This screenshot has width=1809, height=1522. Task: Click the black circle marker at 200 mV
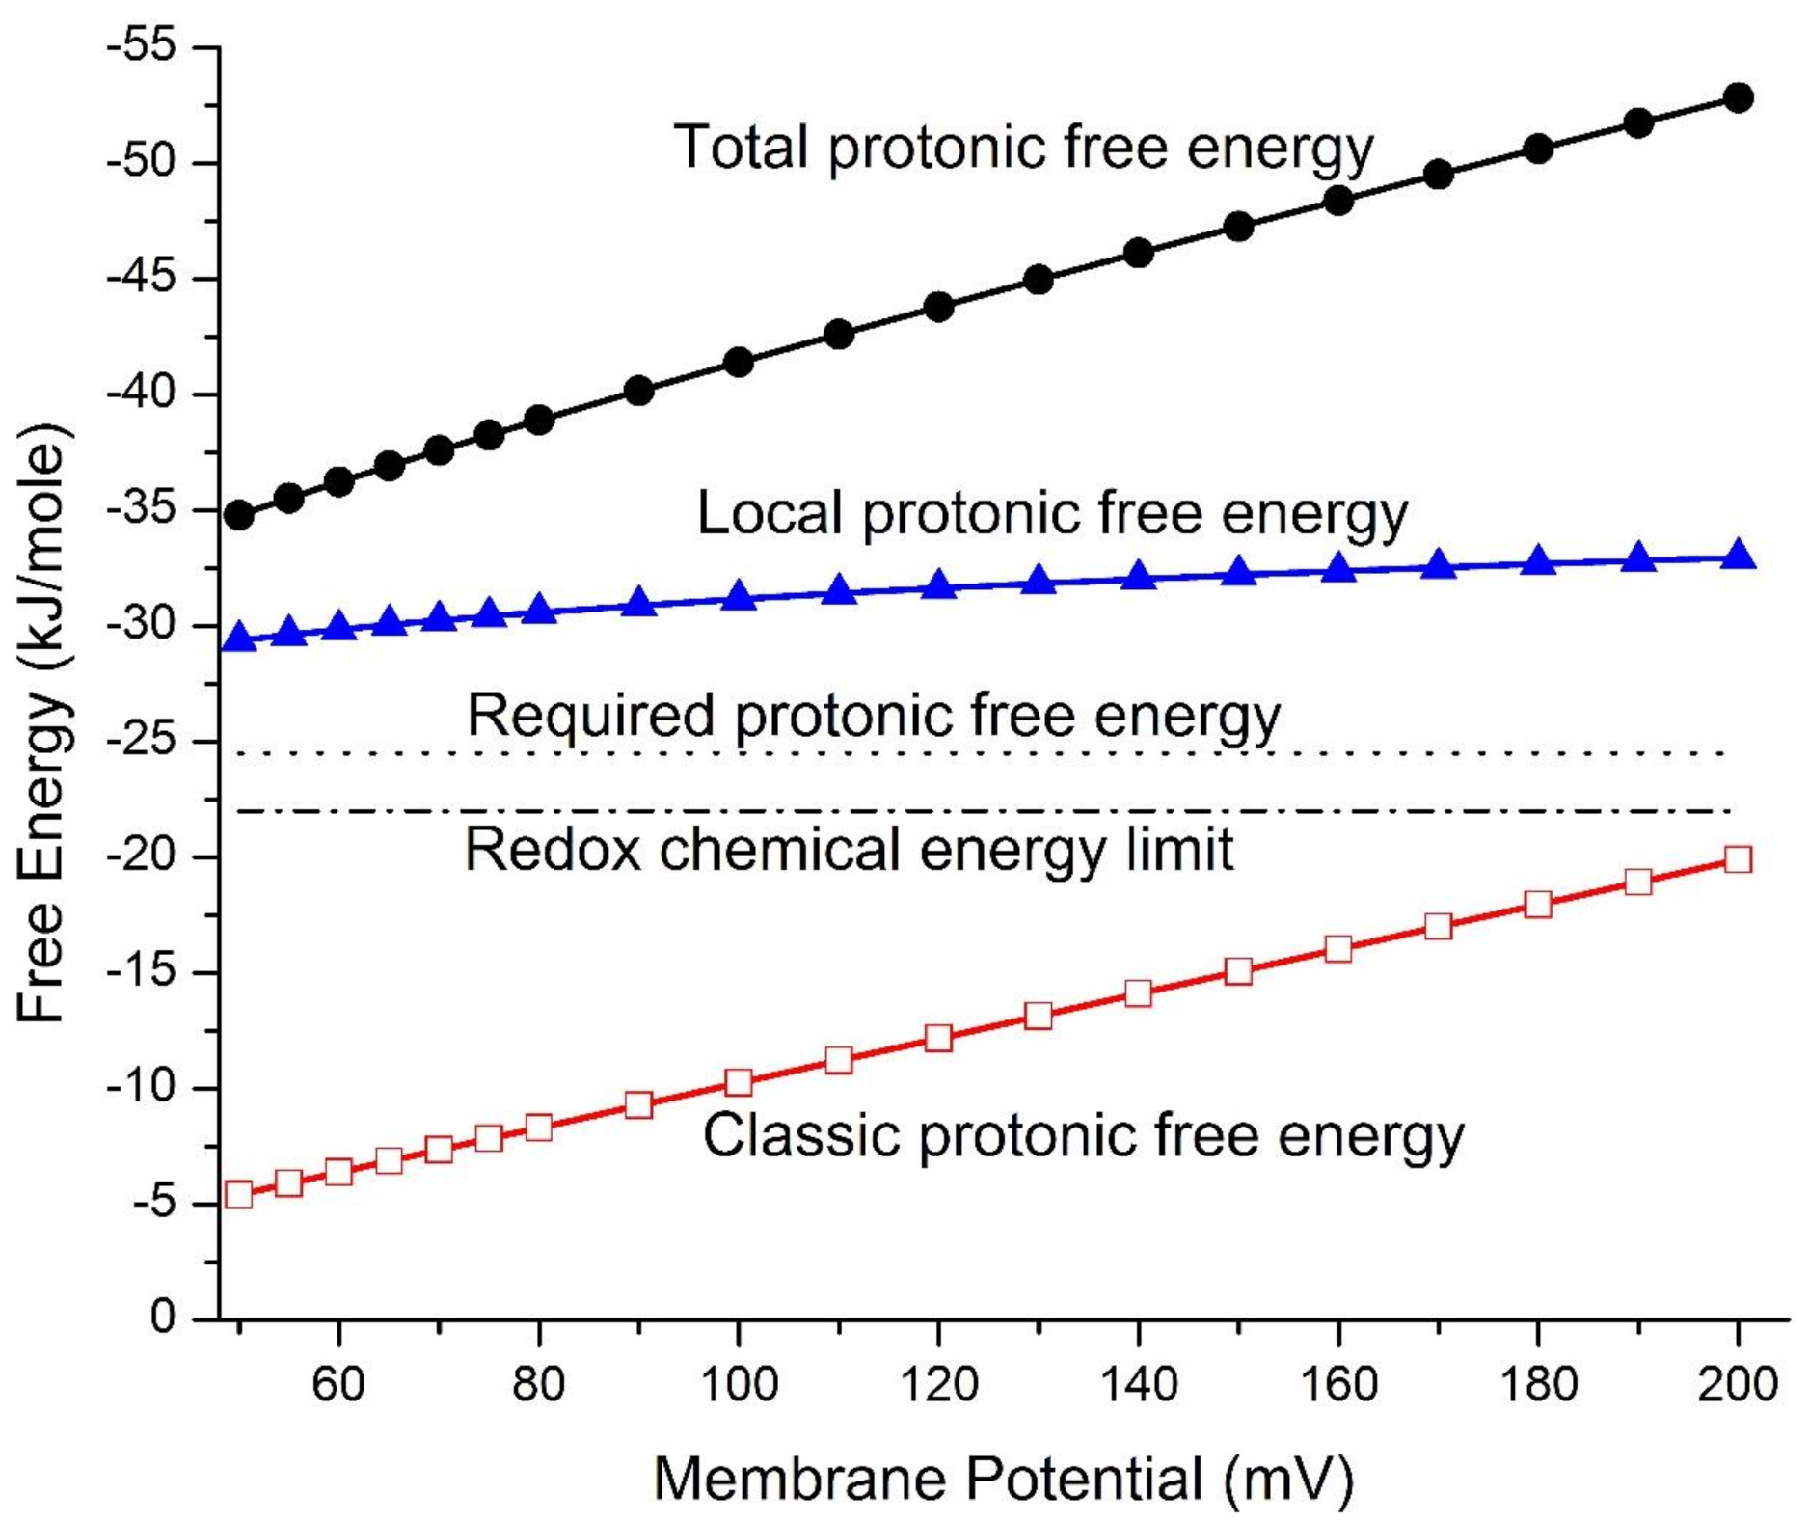(1738, 97)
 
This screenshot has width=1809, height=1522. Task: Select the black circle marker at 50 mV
(238, 515)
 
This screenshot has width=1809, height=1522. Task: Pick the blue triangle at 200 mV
(1738, 556)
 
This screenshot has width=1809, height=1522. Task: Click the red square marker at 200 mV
(1738, 859)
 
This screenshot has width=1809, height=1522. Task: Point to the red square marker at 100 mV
(739, 1082)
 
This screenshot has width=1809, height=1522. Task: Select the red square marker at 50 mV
(238, 1194)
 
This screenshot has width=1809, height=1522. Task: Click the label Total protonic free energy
(1022, 148)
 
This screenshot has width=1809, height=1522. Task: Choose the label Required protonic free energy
(874, 716)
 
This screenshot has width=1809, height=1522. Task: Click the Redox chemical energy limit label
(849, 851)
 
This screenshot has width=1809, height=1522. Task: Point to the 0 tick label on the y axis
(164, 1317)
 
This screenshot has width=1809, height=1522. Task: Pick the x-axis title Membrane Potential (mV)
(1004, 1479)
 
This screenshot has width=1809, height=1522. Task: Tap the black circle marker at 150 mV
(1238, 228)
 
